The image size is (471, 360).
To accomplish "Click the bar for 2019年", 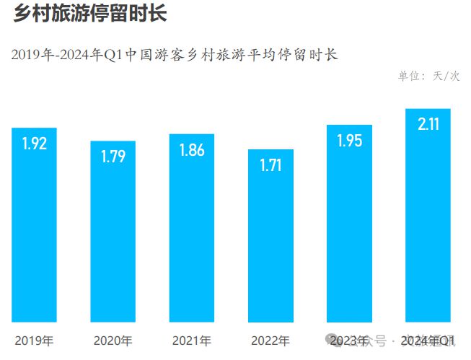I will click(x=34, y=225).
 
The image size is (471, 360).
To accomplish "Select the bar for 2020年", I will click(x=113, y=231).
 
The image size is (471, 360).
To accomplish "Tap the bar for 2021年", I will click(x=192, y=228).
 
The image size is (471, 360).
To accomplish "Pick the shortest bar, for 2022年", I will click(x=270, y=235).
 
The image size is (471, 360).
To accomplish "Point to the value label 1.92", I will click(x=34, y=144).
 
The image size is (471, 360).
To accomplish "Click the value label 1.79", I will click(x=113, y=157).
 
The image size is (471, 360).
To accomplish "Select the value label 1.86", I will click(x=192, y=150).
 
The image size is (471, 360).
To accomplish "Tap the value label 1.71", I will click(x=270, y=166).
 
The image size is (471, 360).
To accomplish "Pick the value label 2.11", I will click(x=428, y=124).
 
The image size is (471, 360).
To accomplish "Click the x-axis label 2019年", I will click(x=34, y=341).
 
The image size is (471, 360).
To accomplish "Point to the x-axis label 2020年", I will click(x=113, y=341).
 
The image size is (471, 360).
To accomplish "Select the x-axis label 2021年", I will click(x=192, y=341).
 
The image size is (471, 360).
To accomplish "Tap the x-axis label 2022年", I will click(x=270, y=341).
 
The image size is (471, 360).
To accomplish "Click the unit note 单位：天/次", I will click(x=428, y=76).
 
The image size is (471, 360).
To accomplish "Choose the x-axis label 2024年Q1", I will click(x=428, y=341).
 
